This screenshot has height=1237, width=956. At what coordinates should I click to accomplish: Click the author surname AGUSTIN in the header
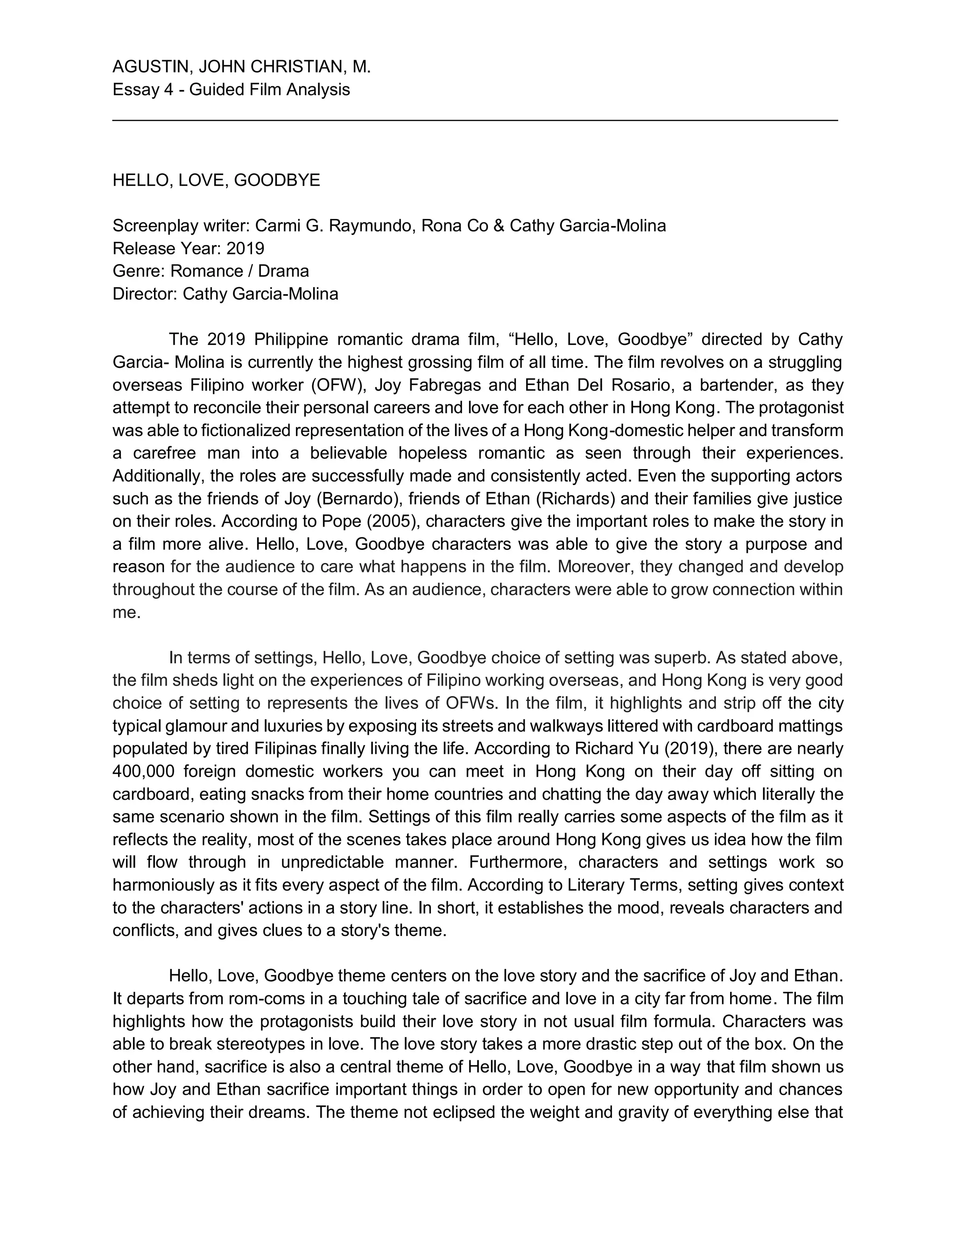(147, 67)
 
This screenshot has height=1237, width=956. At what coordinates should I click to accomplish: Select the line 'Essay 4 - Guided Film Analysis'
(231, 90)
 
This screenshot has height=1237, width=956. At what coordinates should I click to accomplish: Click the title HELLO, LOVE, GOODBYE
(216, 180)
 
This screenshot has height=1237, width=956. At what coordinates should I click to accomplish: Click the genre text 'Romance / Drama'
(239, 271)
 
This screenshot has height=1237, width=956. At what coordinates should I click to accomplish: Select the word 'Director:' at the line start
(145, 294)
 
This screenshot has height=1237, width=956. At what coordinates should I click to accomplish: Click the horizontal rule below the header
(475, 120)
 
